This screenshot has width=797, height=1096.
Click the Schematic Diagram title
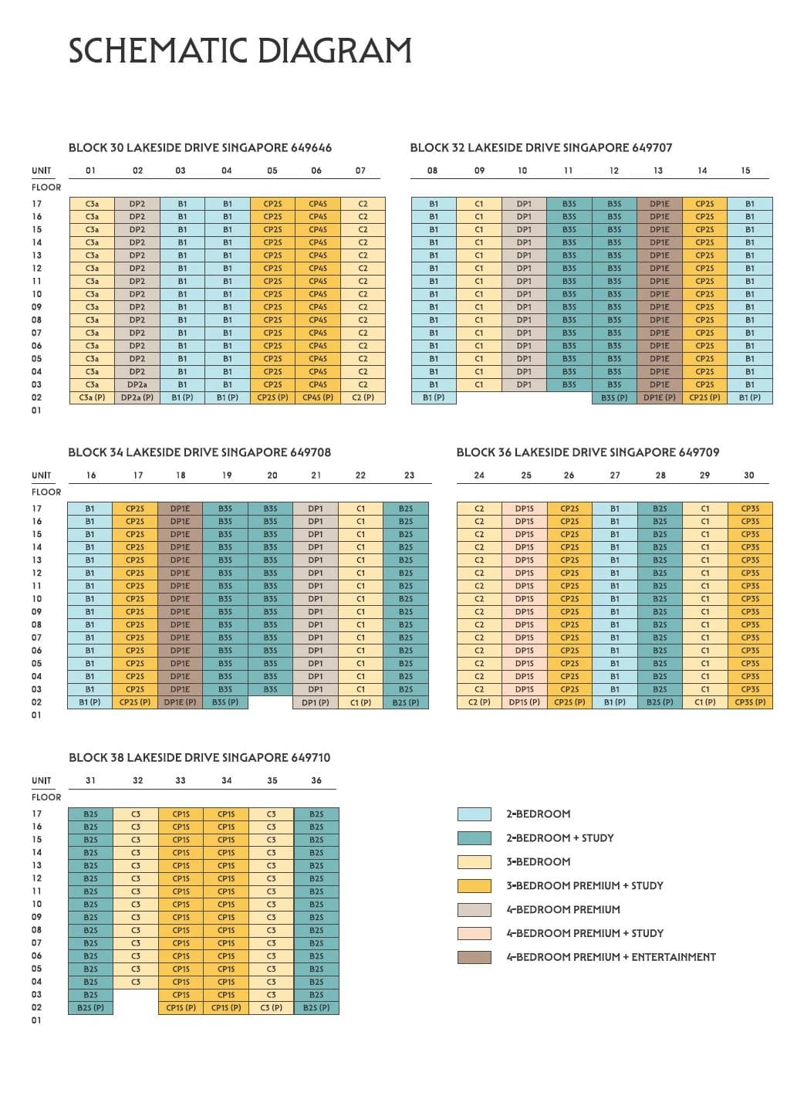pyautogui.click(x=240, y=51)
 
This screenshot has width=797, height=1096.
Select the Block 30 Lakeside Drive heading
pyautogui.click(x=200, y=147)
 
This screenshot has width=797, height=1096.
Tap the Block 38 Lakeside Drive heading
pyautogui.click(x=200, y=758)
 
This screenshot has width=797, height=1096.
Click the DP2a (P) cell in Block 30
pyautogui.click(x=137, y=397)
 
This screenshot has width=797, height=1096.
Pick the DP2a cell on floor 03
pyautogui.click(x=137, y=385)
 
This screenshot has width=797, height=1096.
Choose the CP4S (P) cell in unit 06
pyautogui.click(x=318, y=397)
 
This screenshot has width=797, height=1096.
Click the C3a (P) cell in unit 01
pyautogui.click(x=92, y=397)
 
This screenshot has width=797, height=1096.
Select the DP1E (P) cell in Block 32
pyautogui.click(x=660, y=397)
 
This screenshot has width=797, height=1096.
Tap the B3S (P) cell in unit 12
pyautogui.click(x=614, y=397)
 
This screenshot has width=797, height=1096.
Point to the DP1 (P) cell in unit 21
pyautogui.click(x=316, y=702)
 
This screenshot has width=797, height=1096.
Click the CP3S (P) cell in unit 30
pyautogui.click(x=750, y=702)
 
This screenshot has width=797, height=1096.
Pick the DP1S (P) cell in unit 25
pyautogui.click(x=524, y=702)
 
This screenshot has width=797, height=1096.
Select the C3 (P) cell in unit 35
pyautogui.click(x=272, y=1008)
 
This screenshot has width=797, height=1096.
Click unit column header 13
pyautogui.click(x=658, y=171)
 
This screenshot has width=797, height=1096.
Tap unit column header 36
pyautogui.click(x=316, y=780)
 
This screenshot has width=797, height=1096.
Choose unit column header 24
pyautogui.click(x=479, y=475)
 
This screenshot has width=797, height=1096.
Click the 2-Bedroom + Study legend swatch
pyautogui.click(x=474, y=838)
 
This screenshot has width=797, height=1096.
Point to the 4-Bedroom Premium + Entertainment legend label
pyautogui.click(x=611, y=957)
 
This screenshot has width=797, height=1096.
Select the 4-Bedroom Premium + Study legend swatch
pyautogui.click(x=474, y=934)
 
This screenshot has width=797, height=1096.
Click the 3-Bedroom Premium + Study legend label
pyautogui.click(x=585, y=885)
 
